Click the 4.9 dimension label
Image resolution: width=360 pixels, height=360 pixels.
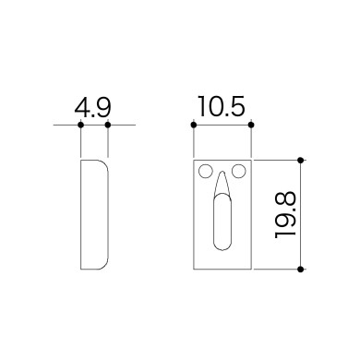click(x=92, y=107)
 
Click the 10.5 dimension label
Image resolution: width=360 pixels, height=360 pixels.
click(x=222, y=106)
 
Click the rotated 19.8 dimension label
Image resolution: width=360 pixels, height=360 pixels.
click(x=285, y=215)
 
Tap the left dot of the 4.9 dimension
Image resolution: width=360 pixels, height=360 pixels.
click(x=80, y=125)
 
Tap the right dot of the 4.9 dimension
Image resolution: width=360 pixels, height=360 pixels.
click(x=108, y=125)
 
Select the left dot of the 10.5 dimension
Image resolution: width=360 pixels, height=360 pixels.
click(x=194, y=125)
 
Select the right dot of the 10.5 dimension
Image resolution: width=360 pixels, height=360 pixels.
click(x=251, y=125)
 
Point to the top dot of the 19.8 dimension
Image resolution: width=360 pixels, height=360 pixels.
click(x=301, y=161)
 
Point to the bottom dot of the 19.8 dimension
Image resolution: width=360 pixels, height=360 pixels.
click(x=301, y=270)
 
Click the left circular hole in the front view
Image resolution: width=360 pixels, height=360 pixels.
click(x=206, y=172)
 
